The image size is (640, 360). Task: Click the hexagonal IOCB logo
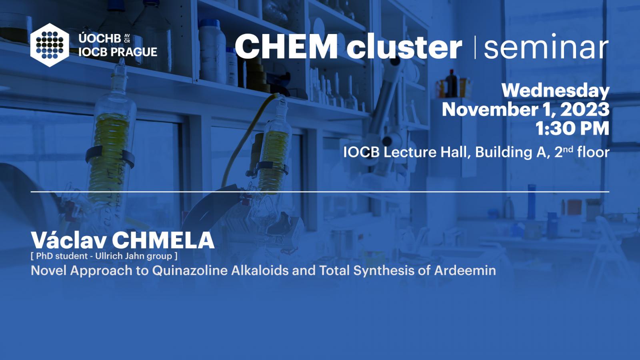pos(50,45)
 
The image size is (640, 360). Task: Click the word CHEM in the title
pos(286,46)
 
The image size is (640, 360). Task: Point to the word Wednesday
pos(556,91)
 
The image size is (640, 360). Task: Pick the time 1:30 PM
pos(572,128)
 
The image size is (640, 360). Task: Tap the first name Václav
pos(68,240)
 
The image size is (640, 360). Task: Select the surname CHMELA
pos(163,240)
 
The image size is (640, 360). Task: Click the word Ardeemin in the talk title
pos(465,270)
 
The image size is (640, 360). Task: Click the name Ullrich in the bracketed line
pos(109,256)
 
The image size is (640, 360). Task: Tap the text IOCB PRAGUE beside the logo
pos(118,52)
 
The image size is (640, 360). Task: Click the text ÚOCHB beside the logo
pos(100,38)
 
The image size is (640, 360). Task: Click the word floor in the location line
pos(593,152)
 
